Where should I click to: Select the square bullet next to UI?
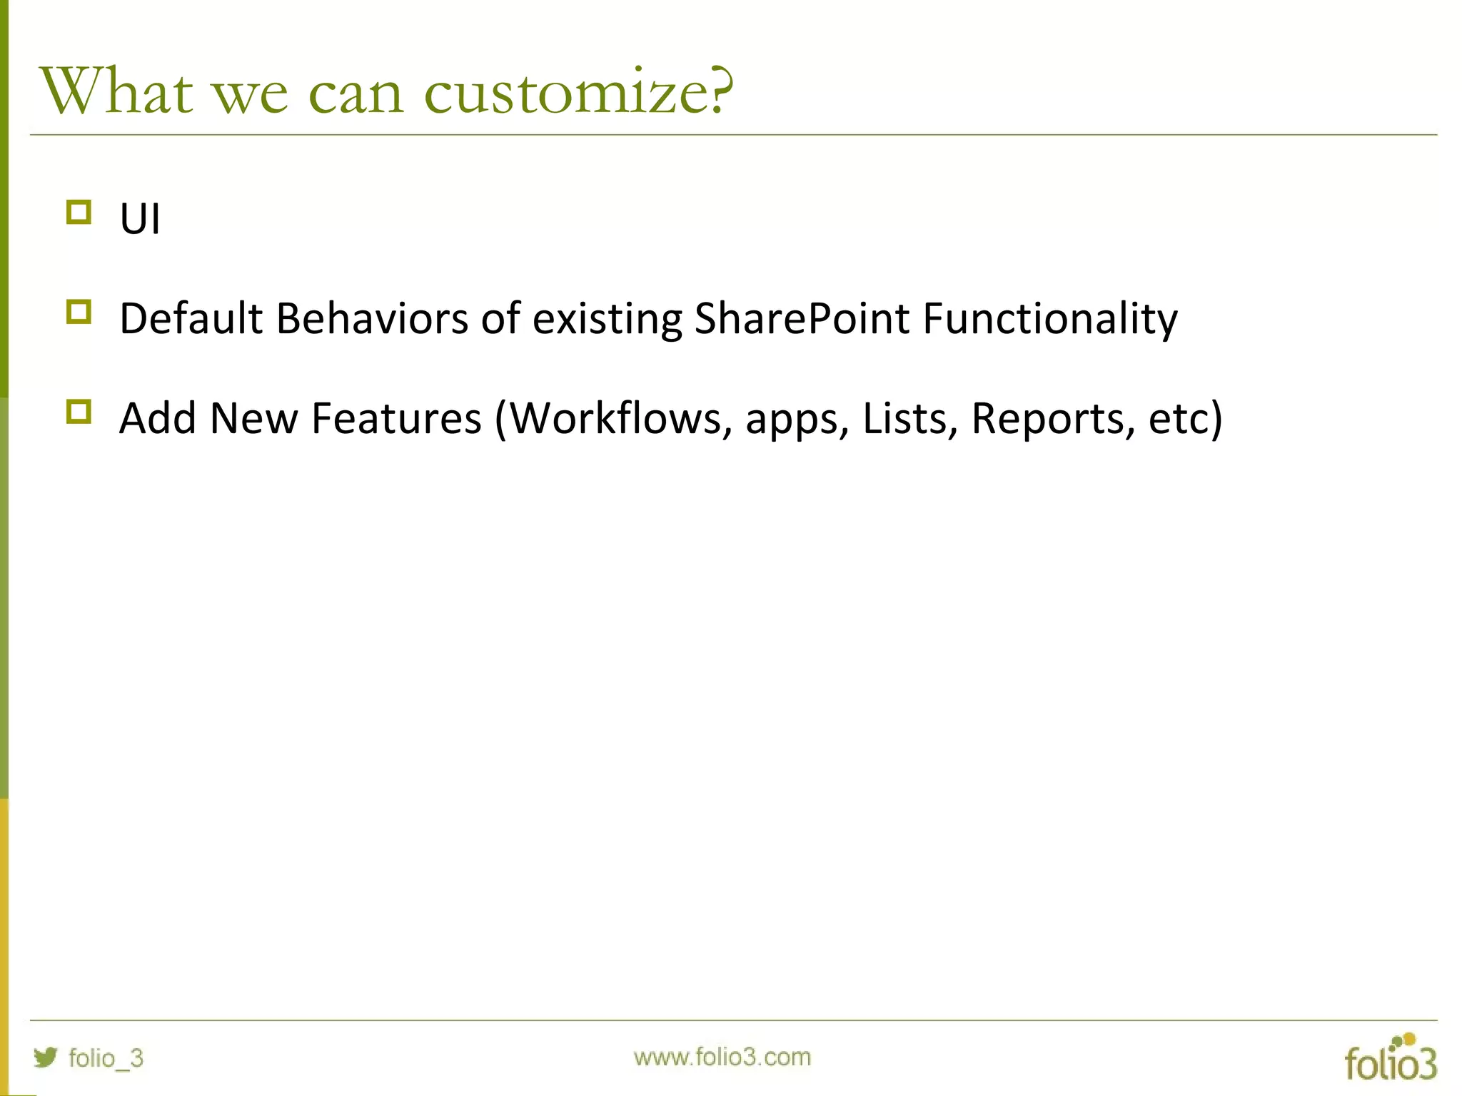(79, 213)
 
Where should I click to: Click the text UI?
(140, 218)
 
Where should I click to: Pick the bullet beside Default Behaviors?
(79, 313)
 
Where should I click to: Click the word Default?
(191, 318)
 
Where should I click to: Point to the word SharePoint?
(802, 318)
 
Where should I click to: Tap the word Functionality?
(1049, 318)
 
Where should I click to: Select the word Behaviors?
(372, 318)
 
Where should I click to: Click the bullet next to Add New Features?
(79, 412)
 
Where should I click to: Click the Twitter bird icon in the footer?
(45, 1057)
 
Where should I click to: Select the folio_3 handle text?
(106, 1057)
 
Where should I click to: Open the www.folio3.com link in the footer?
(722, 1057)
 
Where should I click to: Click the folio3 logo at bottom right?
(1390, 1059)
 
